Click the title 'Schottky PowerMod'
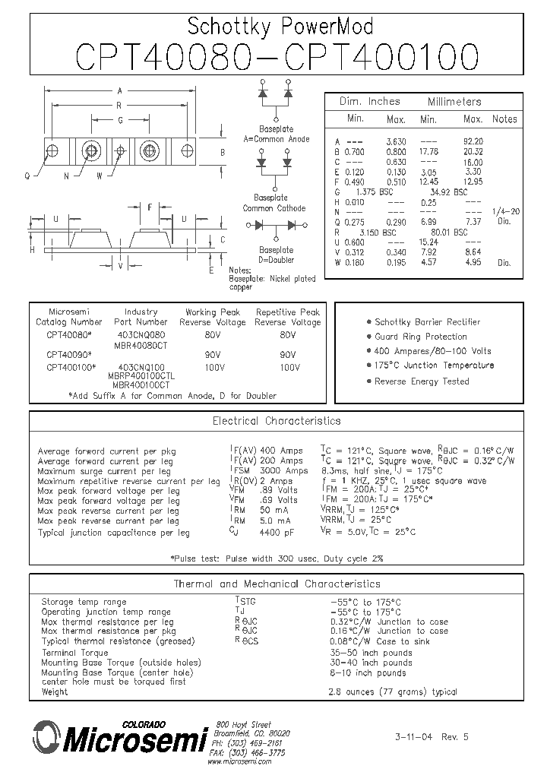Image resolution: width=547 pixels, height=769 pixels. point(280,27)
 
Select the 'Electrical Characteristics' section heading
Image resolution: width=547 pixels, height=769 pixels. point(277,420)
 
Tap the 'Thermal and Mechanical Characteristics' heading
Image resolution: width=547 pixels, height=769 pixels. point(277,584)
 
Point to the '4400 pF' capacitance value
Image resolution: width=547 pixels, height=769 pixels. point(280,532)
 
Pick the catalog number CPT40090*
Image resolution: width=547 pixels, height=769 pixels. point(69,354)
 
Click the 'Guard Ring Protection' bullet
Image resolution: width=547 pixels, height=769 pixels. point(421,337)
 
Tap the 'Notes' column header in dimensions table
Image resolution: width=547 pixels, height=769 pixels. point(504,119)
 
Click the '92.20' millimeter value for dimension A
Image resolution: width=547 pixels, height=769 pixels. point(473,141)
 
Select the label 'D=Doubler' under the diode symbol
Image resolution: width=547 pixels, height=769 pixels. point(276,260)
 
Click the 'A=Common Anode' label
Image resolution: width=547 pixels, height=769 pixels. point(276,139)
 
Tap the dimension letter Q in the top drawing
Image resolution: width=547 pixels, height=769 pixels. point(27,176)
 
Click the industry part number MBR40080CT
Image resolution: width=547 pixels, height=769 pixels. point(141,344)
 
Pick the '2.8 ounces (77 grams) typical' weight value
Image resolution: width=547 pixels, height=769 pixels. point(393,691)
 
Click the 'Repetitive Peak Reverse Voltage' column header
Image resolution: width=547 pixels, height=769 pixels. point(288,317)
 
